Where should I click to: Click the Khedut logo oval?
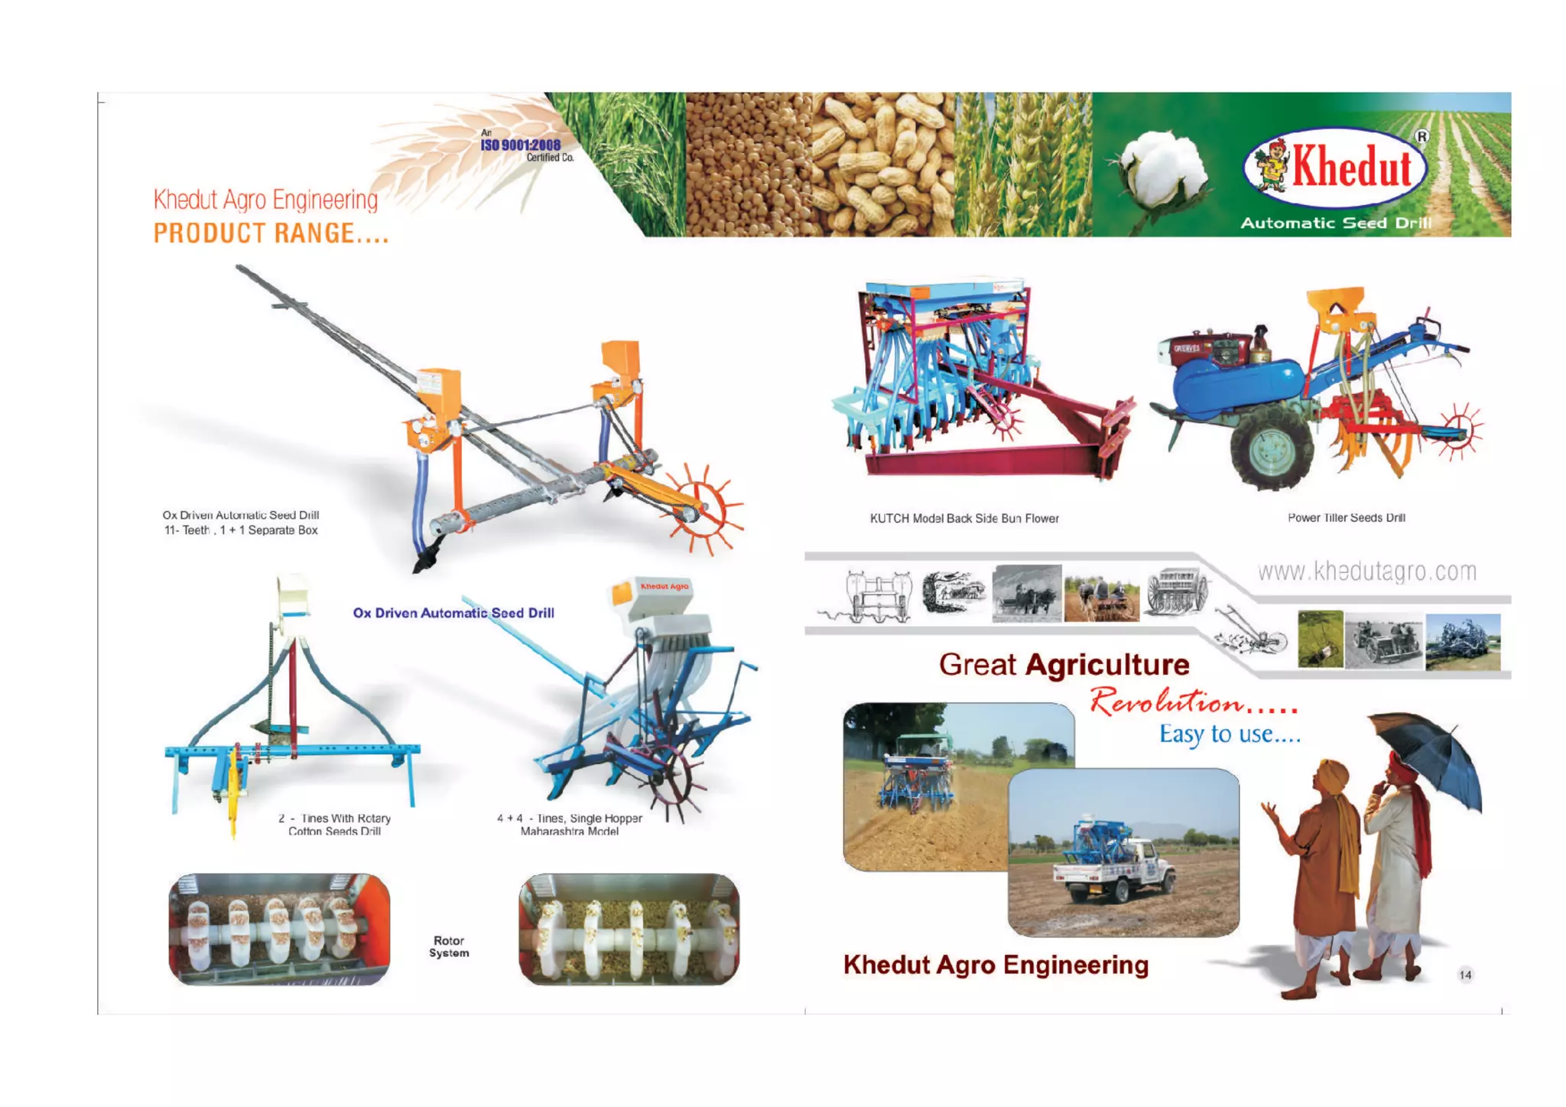tap(1335, 168)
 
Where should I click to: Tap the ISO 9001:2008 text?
tap(520, 145)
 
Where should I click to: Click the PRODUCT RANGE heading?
tap(271, 233)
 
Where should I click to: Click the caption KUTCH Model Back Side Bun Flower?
tap(964, 519)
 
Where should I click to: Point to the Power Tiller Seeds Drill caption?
tap(1346, 518)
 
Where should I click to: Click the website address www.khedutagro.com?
tap(1366, 571)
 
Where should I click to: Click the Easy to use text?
tap(1229, 734)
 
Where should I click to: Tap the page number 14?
tap(1465, 975)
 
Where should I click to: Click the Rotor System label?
tap(449, 947)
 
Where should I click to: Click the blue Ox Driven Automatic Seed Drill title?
tap(453, 613)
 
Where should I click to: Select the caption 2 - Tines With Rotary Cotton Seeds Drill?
tap(334, 825)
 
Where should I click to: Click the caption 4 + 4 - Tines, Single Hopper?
tap(570, 819)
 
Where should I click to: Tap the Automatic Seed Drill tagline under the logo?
tap(1335, 223)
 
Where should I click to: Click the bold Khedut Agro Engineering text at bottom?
tap(996, 965)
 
